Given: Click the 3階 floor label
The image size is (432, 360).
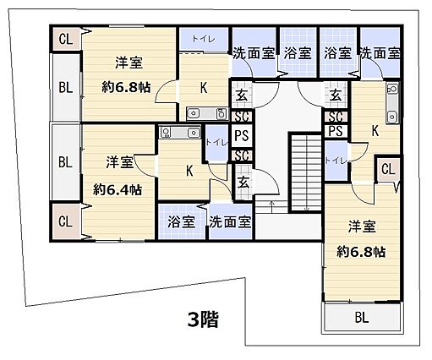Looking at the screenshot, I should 203,319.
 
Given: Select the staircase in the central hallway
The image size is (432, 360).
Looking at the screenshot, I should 302,173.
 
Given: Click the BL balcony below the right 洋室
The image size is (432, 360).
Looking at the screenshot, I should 361,318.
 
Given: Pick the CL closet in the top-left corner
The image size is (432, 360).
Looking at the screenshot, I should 66,39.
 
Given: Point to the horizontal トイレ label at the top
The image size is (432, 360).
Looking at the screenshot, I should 202,37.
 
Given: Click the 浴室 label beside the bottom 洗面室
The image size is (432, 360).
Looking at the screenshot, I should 181,222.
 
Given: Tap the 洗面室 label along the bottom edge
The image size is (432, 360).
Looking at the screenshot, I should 230,223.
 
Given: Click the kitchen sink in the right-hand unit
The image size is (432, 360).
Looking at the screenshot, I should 390,115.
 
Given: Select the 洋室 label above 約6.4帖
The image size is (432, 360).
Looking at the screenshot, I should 118,161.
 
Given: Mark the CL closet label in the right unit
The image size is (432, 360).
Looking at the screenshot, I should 388,170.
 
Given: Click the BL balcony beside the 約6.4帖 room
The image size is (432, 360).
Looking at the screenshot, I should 65,161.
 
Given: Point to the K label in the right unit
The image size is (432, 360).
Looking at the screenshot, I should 375,130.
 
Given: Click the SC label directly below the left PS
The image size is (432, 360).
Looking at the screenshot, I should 241,155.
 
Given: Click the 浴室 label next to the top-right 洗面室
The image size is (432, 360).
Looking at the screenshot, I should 337,52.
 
